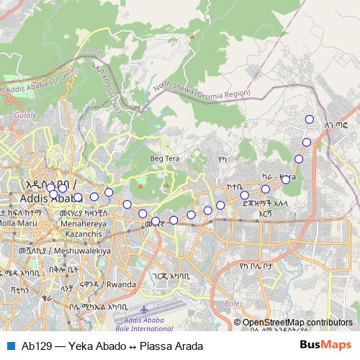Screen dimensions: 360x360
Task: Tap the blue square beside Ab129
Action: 10,346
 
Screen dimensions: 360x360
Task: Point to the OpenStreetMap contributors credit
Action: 297,323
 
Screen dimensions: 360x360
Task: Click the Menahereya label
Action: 83,224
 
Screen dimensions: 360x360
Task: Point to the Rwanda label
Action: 120,284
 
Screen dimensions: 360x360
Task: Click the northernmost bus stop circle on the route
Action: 310,120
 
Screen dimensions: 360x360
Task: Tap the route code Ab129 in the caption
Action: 36,346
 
